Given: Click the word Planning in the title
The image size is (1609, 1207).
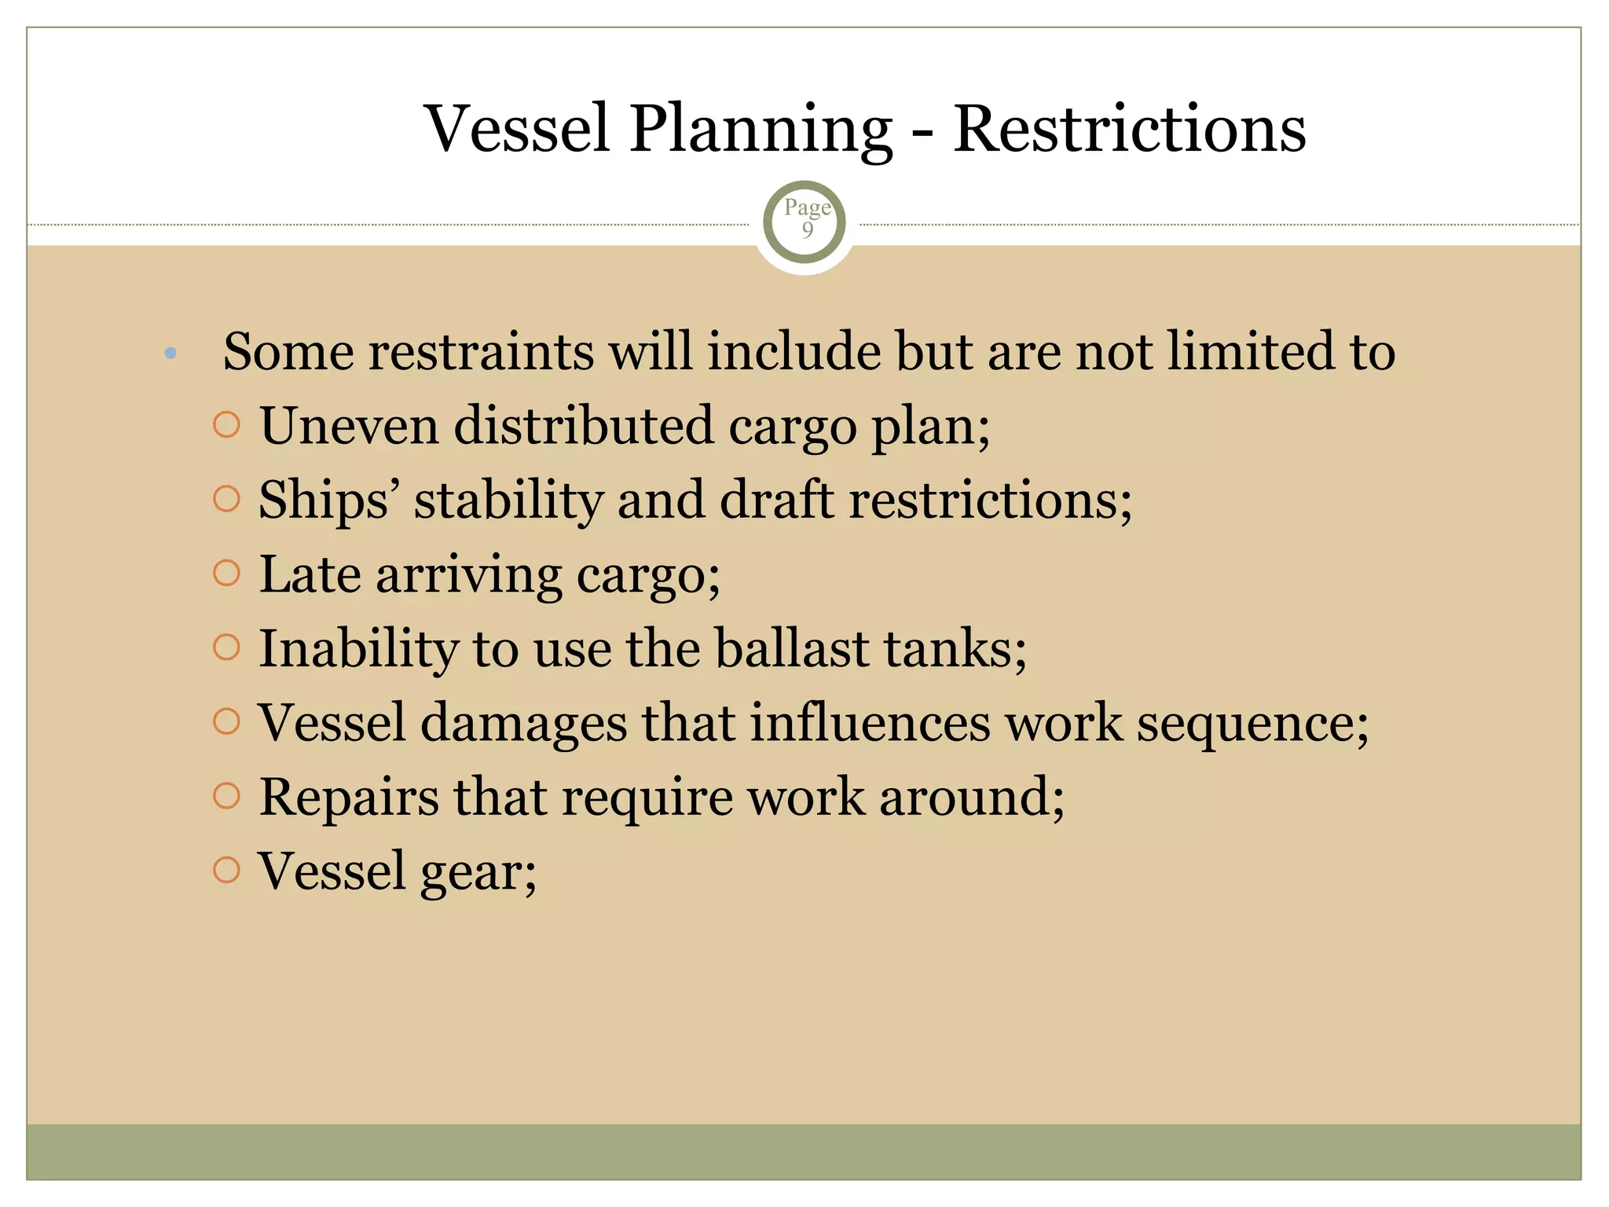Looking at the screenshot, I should pos(761,130).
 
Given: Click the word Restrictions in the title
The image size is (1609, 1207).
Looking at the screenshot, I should pos(1129,130).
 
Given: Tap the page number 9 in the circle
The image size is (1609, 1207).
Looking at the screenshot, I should pos(807,229).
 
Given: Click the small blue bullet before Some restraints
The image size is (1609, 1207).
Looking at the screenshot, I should pos(170,354).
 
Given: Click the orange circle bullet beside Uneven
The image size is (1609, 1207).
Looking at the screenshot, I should pos(226,425).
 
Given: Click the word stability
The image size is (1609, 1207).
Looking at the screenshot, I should pos(508,500).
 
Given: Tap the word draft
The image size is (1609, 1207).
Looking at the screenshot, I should pos(775,500).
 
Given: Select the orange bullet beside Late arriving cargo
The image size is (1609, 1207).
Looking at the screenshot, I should pos(226,573).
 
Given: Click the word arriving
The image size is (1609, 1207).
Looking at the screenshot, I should pos(468,576).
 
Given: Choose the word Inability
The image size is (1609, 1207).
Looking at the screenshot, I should pos(358,650).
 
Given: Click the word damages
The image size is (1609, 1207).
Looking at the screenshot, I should pos(523,724).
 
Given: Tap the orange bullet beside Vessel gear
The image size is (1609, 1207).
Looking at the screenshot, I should pos(226,870).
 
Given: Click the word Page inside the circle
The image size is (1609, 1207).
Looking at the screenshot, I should pos(807,207).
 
